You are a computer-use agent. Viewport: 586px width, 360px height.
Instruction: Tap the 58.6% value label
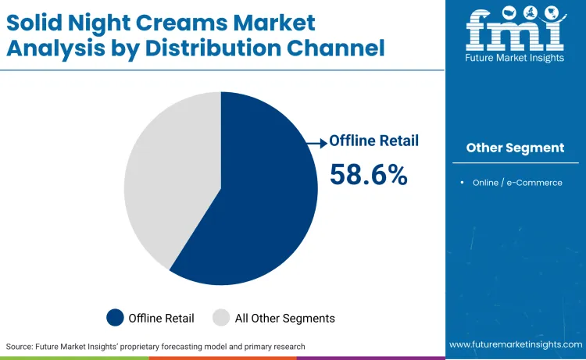(x=368, y=174)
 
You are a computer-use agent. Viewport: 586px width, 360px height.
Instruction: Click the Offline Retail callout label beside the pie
(x=373, y=141)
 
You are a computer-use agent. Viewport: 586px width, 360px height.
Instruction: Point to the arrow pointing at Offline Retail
(x=316, y=142)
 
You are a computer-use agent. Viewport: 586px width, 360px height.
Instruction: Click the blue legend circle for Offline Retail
(x=116, y=318)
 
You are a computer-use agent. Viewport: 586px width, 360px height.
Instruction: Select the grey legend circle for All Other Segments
(x=222, y=318)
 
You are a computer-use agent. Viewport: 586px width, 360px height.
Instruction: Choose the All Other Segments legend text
(x=284, y=318)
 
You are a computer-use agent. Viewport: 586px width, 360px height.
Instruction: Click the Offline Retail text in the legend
(x=162, y=318)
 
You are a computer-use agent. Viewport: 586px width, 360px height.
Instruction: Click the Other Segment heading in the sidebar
(x=515, y=148)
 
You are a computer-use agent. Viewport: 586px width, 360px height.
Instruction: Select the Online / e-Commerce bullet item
(x=516, y=183)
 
